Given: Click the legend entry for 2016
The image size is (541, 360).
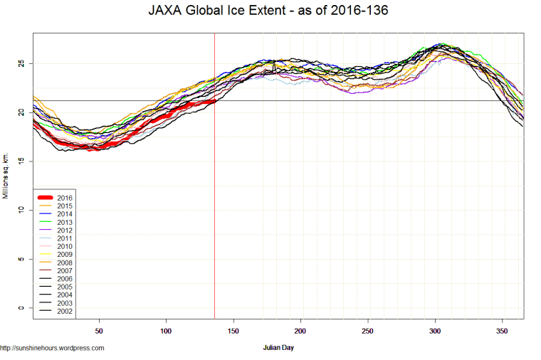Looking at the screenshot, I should pos(64,197).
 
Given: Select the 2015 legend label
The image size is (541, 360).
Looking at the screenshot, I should pos(64,206).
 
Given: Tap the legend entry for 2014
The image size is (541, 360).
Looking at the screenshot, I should pos(64,213).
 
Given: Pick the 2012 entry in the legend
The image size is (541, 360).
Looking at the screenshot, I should pos(64,230).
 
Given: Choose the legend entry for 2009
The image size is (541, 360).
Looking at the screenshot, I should pos(64,254).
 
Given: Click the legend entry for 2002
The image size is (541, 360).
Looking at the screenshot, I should pos(64,311).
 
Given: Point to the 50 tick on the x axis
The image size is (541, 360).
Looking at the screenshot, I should pos(99,331).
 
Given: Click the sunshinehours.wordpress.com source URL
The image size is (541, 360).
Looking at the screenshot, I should pos(52,348).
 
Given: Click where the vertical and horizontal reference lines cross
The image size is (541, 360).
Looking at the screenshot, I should pos(214,100).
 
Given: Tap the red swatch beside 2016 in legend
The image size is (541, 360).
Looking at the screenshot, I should pos(45,197).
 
